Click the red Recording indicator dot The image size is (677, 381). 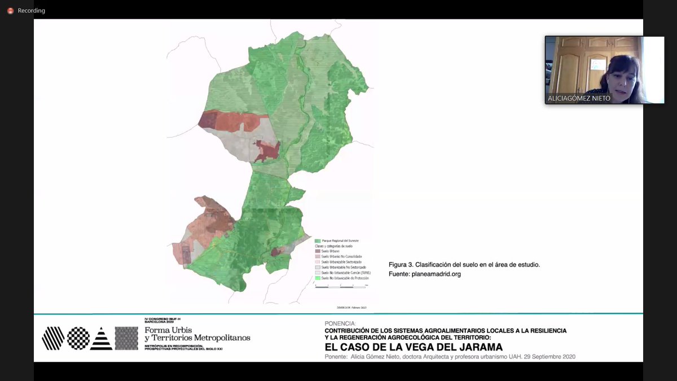(10, 11)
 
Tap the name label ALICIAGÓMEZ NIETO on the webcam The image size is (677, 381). (579, 98)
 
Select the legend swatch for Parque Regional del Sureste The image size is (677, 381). (318, 241)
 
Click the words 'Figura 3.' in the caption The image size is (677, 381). (401, 265)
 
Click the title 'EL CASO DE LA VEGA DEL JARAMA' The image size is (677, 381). (414, 347)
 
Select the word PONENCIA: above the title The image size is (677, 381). (341, 323)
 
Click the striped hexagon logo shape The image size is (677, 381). (53, 338)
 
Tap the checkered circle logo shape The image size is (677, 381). (78, 338)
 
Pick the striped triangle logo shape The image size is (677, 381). (102, 338)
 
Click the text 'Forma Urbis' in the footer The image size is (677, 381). (168, 330)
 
